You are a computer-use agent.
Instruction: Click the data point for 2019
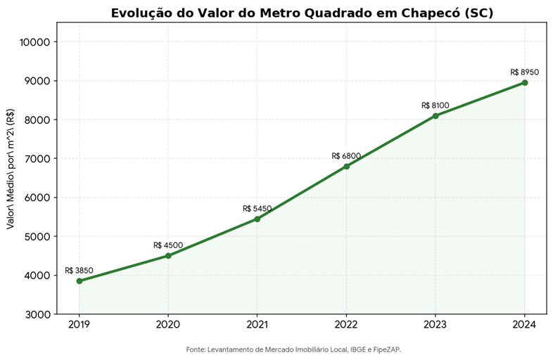pyautogui.click(x=80, y=281)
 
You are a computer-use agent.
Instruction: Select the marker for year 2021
pyautogui.click(x=258, y=219)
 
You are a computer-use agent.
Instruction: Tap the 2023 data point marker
pyautogui.click(x=436, y=115)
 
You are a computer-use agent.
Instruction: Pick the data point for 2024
pyautogui.click(x=525, y=82)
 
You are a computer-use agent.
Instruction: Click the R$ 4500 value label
pyautogui.click(x=168, y=245)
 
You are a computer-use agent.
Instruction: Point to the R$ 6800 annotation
pyautogui.click(x=346, y=156)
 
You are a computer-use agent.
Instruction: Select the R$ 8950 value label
pyautogui.click(x=525, y=72)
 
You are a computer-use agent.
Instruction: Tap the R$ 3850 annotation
pyautogui.click(x=80, y=271)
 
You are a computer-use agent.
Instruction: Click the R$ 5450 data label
pyautogui.click(x=258, y=209)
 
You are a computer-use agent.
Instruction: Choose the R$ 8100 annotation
pyautogui.click(x=436, y=105)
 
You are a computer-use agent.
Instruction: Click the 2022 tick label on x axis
pyautogui.click(x=346, y=324)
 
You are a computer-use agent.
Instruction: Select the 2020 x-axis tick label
pyautogui.click(x=168, y=324)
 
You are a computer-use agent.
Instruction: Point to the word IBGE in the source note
pyautogui.click(x=358, y=349)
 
